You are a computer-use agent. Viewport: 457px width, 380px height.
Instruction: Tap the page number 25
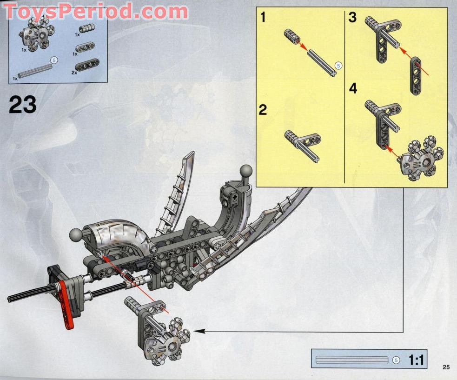point(446,367)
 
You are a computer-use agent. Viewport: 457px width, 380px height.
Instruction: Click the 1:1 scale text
point(416,360)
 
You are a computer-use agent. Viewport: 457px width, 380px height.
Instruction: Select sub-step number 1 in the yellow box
point(263,18)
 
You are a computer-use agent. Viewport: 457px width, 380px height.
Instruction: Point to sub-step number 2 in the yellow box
point(263,110)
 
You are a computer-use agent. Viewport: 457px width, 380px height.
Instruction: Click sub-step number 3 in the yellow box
point(352,18)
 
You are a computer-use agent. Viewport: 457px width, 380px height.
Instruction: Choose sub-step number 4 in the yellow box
point(353,88)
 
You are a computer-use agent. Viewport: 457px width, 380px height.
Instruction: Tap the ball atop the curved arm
point(246,171)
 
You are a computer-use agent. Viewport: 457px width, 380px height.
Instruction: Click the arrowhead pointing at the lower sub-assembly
point(197,331)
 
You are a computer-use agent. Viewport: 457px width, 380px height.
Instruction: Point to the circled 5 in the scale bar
point(396,360)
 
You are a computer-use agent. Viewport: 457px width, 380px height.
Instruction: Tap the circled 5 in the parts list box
point(53,60)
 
